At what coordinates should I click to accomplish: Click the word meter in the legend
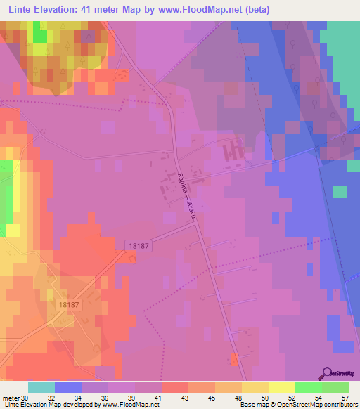[11, 397]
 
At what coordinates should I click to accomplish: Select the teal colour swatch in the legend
[41, 387]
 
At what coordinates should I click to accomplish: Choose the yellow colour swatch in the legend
[281, 387]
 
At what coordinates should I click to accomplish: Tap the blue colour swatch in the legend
[68, 387]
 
